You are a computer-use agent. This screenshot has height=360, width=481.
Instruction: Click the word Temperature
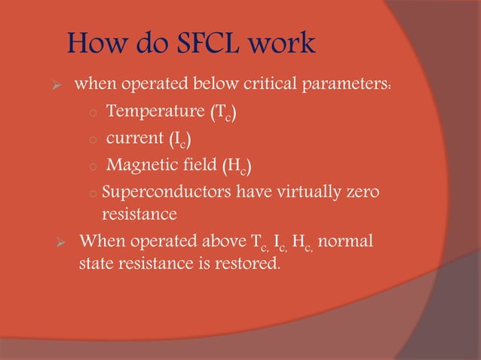(155, 112)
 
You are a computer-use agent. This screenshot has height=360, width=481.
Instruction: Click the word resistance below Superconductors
(139, 215)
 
